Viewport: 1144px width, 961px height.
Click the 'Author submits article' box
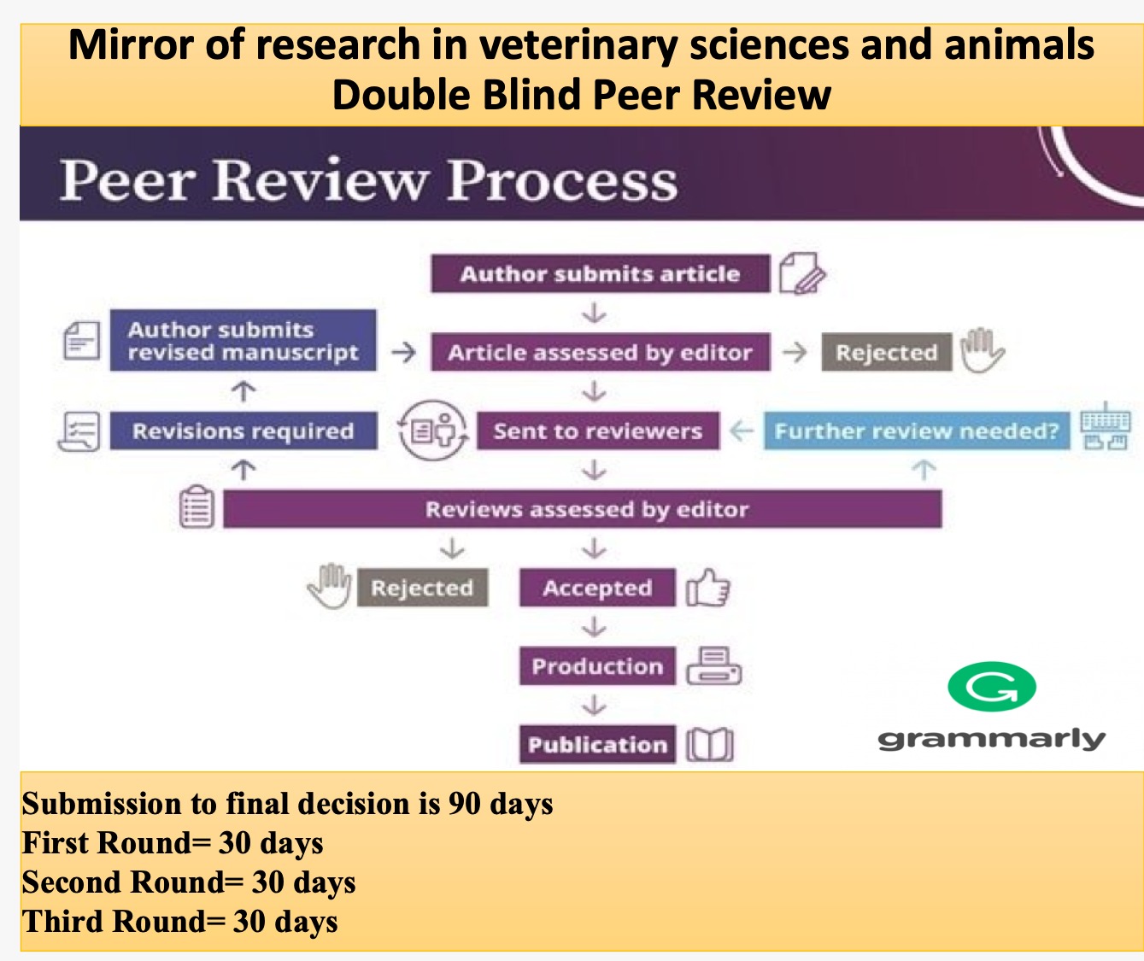coord(601,273)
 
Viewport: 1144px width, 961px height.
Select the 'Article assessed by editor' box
coord(601,352)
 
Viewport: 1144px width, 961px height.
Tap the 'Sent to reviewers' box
coord(598,431)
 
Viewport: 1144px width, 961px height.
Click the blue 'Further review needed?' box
coord(917,431)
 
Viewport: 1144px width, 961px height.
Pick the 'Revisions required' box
coord(243,431)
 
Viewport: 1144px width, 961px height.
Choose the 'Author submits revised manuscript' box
coord(243,340)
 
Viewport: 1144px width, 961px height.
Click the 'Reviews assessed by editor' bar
coord(583,509)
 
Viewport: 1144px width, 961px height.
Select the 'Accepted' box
coord(598,588)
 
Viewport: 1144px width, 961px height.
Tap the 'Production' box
coord(598,665)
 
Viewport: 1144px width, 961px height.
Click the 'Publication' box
coord(598,744)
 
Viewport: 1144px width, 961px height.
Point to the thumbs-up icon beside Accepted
coord(708,588)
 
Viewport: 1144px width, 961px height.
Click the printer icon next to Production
coord(714,665)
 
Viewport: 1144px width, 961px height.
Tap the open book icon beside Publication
coord(710,745)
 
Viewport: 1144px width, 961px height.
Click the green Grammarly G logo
coord(992,687)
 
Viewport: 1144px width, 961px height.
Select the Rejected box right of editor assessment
coord(887,352)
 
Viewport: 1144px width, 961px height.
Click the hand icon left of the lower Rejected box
coord(330,586)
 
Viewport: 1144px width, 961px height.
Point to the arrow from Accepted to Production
coord(594,627)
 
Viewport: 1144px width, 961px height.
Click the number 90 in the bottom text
coord(465,803)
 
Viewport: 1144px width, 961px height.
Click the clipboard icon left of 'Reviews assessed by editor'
coord(197,507)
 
